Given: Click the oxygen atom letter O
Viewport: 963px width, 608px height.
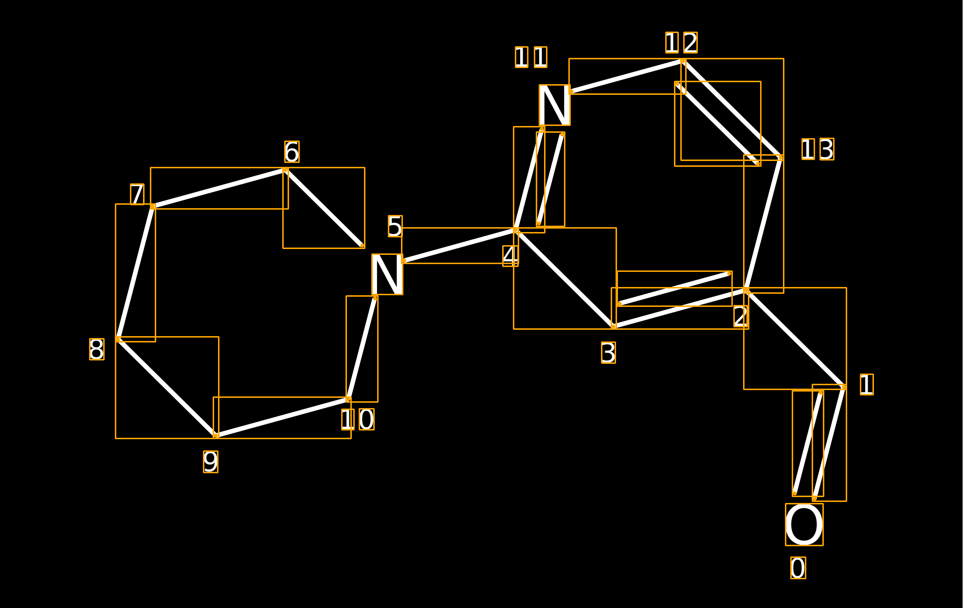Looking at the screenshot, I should [x=804, y=524].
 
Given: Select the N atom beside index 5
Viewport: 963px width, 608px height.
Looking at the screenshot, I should [x=387, y=274].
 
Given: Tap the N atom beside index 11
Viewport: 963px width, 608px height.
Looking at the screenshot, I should [x=554, y=105].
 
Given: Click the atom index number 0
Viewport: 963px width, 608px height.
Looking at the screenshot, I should [x=798, y=568].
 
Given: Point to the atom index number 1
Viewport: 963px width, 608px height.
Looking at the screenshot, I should [x=867, y=384].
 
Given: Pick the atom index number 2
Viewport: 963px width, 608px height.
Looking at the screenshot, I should [x=741, y=316].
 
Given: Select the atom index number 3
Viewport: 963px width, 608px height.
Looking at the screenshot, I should [x=608, y=353].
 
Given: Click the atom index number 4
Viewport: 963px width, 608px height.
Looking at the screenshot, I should [x=510, y=256].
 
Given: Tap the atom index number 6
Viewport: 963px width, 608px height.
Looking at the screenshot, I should [x=291, y=152].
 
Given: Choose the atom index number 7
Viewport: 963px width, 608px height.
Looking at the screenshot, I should [x=137, y=194].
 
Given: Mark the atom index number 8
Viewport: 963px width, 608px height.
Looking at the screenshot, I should [x=96, y=349].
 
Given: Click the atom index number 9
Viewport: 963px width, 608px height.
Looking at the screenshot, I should [x=210, y=462].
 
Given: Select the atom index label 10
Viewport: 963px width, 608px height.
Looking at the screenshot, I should [x=358, y=419].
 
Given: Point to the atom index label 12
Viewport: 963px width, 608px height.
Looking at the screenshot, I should [x=681, y=43].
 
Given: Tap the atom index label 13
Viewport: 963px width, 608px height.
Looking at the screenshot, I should [x=818, y=149].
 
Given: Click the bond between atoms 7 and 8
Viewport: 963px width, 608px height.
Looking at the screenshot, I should [x=135, y=272].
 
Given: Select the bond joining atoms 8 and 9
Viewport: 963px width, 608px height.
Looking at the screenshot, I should [x=167, y=387].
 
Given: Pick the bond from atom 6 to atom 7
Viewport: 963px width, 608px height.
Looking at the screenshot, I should [x=219, y=188].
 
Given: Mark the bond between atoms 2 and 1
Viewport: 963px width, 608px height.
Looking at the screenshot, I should [x=795, y=339].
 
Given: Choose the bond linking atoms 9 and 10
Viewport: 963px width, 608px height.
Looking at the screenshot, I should [x=282, y=417].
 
